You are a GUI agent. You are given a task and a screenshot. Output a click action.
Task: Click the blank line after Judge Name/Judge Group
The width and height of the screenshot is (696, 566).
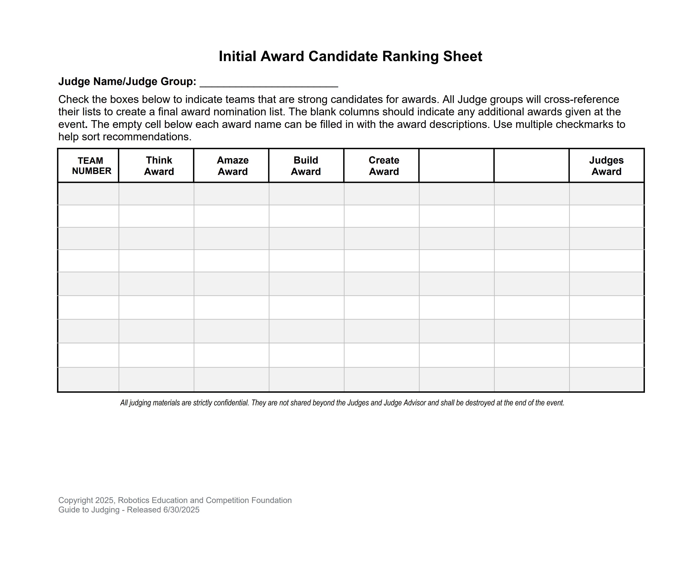coord(269,82)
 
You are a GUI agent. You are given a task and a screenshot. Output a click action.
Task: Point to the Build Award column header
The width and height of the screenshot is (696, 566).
coord(305,166)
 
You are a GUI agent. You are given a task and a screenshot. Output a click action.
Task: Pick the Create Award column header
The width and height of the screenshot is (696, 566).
coord(384,166)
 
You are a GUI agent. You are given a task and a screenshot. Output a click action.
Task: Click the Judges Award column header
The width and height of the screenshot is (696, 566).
coord(606,166)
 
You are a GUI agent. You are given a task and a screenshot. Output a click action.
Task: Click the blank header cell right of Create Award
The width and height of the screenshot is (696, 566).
coord(456,166)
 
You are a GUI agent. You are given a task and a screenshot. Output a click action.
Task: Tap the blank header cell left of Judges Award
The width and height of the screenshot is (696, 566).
coord(531,166)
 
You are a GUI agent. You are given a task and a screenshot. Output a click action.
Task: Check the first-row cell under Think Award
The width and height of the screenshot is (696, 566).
coord(156,194)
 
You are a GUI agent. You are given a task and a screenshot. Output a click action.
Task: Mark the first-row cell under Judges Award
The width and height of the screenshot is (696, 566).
coord(606,194)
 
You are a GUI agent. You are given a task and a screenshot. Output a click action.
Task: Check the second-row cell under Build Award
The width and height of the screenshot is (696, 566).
coord(306,216)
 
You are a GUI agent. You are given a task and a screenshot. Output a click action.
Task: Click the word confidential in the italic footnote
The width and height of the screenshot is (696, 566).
coord(231,403)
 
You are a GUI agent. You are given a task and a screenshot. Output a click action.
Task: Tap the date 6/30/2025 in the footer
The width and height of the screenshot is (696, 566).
coord(181,510)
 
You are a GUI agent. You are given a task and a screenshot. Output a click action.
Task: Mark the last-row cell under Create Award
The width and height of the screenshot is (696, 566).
coord(381,379)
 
